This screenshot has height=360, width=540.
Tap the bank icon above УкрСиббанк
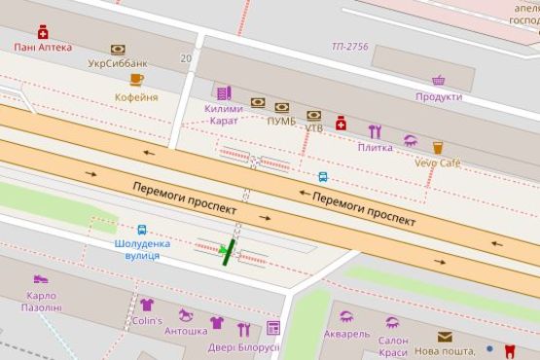click(118, 49)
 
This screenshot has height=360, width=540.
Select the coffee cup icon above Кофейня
click(136, 80)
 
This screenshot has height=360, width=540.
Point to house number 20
click(185, 58)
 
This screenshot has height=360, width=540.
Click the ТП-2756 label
click(350, 46)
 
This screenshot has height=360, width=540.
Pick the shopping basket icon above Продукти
click(439, 81)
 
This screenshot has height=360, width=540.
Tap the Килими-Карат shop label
click(224, 115)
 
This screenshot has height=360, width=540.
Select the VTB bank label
click(314, 127)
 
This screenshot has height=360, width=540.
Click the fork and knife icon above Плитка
click(375, 131)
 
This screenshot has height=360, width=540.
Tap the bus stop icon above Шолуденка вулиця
click(142, 231)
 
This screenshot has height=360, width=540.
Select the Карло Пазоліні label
click(41, 301)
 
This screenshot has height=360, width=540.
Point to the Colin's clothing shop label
click(147, 320)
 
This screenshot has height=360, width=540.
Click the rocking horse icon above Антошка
click(185, 315)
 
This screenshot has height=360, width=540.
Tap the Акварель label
click(346, 334)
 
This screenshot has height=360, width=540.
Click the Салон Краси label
click(393, 346)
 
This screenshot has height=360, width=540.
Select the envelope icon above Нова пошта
click(445, 337)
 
